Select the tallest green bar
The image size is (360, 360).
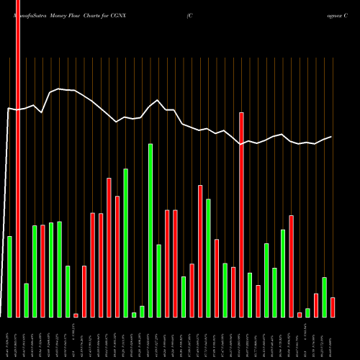tap(150, 230)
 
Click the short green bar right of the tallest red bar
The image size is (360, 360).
tap(27, 300)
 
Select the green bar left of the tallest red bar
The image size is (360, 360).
tap(10, 276)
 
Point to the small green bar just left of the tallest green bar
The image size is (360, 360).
tap(143, 311)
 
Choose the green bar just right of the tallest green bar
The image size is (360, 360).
tap(159, 281)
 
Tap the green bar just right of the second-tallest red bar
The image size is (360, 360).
tap(250, 294)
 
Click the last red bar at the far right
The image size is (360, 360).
tap(333, 307)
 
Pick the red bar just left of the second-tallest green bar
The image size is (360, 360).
tap(117, 256)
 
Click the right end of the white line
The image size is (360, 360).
tap(331, 137)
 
